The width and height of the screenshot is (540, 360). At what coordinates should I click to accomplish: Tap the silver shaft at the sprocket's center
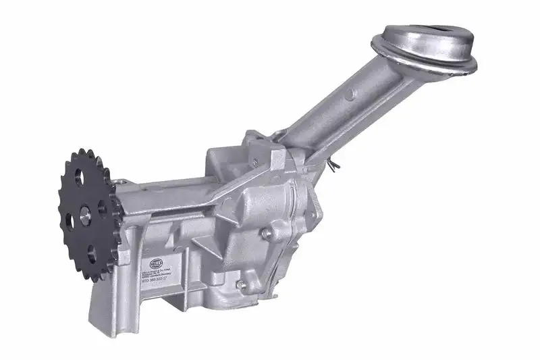[86, 211]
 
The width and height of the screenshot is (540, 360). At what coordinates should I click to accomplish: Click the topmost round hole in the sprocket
[82, 178]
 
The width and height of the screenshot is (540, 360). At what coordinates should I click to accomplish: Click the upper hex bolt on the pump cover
[268, 232]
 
